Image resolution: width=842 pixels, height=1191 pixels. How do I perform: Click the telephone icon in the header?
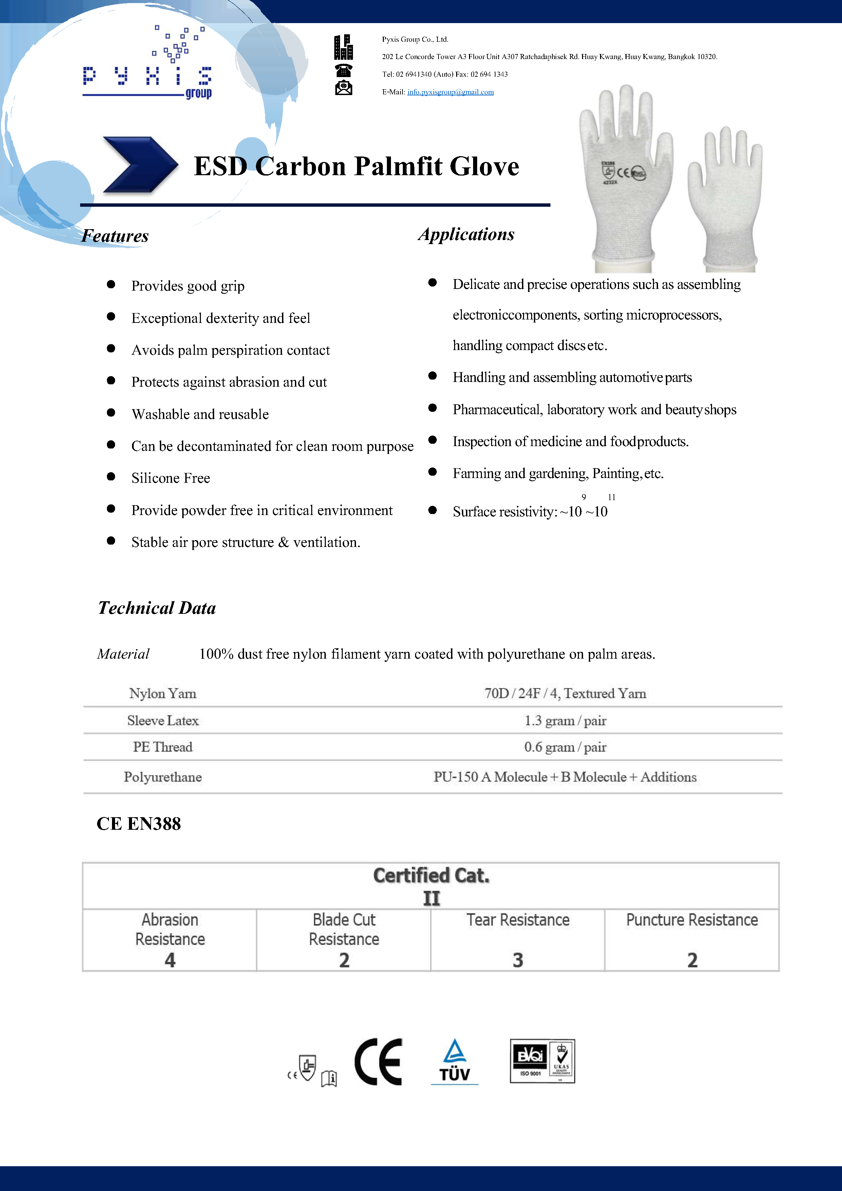click(x=343, y=70)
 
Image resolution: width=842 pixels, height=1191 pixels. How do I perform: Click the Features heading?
click(x=115, y=236)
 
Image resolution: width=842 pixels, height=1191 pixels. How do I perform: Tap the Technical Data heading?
click(x=156, y=608)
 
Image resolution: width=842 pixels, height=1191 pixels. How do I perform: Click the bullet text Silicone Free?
click(x=171, y=478)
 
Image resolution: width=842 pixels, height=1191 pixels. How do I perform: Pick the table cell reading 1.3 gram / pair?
click(x=565, y=720)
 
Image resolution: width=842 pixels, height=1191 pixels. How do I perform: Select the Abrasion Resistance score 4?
click(x=170, y=960)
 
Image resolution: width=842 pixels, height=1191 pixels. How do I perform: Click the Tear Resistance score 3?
click(x=518, y=960)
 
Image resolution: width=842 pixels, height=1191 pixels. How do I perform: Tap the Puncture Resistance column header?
click(x=692, y=920)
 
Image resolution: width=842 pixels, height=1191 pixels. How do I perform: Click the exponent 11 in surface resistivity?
click(x=612, y=497)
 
